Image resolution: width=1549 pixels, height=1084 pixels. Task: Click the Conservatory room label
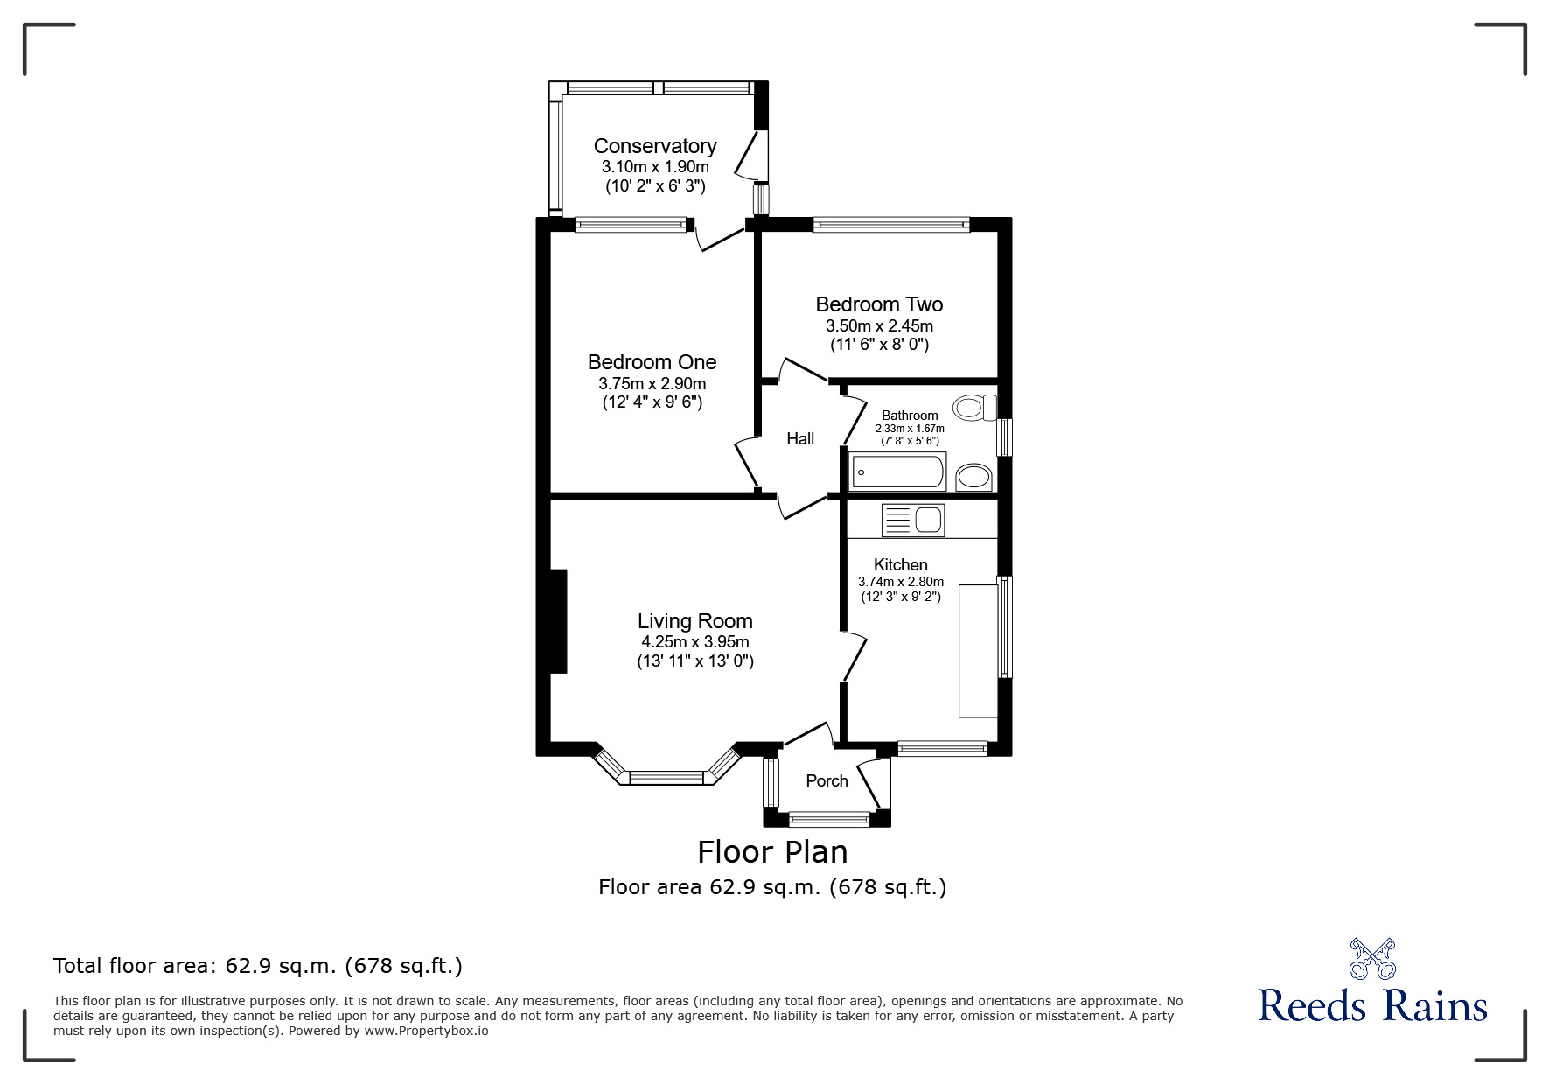tap(654, 146)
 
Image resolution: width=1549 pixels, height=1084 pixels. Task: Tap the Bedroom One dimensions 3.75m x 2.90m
tap(652, 383)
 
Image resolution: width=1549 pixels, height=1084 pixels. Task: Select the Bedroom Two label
tap(879, 304)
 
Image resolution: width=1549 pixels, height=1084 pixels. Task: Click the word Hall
tap(799, 438)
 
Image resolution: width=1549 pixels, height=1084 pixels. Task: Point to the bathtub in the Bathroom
tap(897, 472)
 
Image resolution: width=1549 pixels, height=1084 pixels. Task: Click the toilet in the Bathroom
tap(974, 407)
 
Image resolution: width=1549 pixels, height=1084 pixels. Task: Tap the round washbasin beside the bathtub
tap(973, 477)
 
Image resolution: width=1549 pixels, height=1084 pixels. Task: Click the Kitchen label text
tap(900, 564)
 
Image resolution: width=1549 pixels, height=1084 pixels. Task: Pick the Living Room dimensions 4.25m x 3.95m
tap(694, 641)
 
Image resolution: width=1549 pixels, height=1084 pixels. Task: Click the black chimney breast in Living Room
tap(558, 620)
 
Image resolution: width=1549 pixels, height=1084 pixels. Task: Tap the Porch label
tap(827, 780)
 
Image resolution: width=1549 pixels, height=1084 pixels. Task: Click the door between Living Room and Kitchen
tap(854, 658)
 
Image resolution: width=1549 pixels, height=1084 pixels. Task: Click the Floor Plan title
tap(772, 851)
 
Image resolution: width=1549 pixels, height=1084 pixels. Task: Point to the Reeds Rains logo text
tap(1372, 1006)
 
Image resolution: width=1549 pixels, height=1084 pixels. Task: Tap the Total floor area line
tap(258, 966)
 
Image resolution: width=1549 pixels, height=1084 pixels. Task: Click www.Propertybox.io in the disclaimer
tap(426, 1031)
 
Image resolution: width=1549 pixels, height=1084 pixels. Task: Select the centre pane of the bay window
tap(666, 777)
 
